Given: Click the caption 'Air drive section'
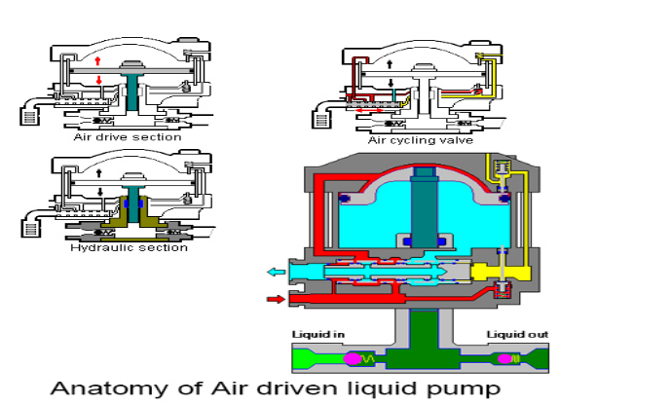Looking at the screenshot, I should point(128,137).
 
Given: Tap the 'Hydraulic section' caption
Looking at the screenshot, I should point(129,247).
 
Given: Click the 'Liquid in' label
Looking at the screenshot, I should point(318,335).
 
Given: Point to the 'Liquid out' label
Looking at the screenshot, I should point(518,335).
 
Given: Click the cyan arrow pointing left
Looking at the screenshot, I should point(278,272).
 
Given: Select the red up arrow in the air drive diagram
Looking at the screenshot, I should point(98,59).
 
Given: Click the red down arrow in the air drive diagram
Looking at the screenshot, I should point(98,82).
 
